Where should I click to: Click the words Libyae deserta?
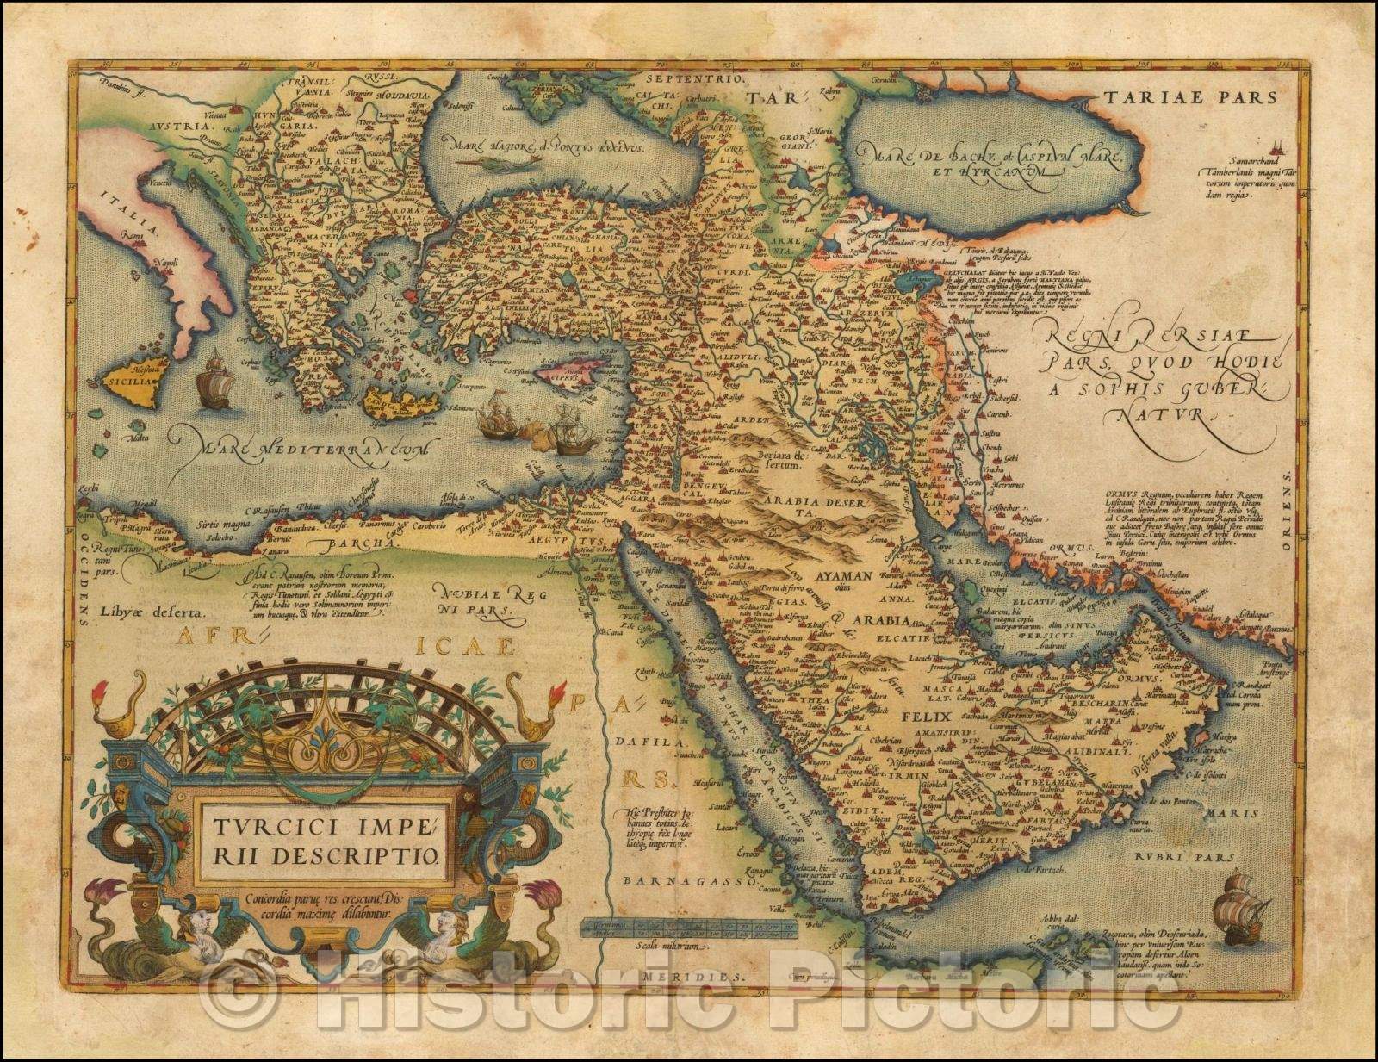coord(155,613)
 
